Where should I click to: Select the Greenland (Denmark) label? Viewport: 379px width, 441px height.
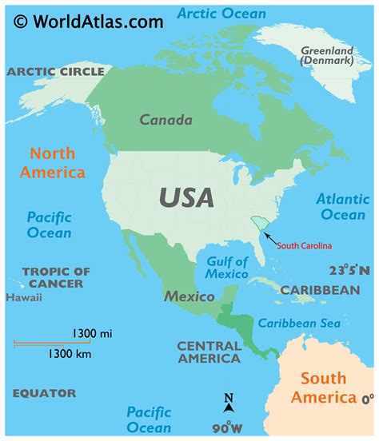pos(326,56)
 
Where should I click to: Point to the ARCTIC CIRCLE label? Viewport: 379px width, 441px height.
pos(56,72)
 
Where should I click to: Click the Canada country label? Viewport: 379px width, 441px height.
pos(166,121)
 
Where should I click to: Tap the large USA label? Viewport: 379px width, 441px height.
pos(186,197)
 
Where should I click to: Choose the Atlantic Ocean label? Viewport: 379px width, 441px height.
pos(342,207)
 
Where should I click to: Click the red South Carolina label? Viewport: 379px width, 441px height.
pos(304,245)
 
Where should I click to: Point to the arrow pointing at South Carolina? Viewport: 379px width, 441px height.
pos(272,238)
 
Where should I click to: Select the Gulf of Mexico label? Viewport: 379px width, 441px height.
pos(227,268)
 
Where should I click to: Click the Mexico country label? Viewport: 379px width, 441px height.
pos(189,296)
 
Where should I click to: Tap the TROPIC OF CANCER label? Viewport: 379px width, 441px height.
pos(57,277)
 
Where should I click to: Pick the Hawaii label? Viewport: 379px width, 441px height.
pos(24,298)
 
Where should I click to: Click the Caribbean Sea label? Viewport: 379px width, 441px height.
pos(298,324)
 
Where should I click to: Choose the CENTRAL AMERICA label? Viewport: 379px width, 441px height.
pos(209,352)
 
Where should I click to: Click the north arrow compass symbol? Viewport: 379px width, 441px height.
pos(229,403)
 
